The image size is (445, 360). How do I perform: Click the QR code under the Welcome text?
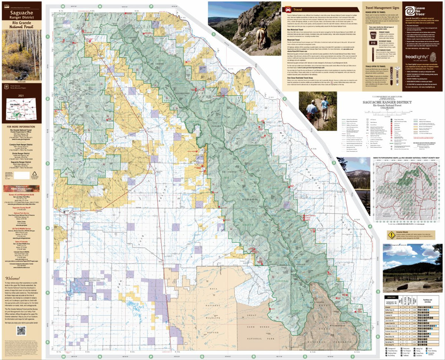(x=21, y=330)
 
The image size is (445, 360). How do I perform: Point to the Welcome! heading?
(x=13, y=278)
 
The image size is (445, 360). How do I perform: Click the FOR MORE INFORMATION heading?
(x=21, y=127)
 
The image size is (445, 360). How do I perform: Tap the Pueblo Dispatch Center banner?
(x=21, y=189)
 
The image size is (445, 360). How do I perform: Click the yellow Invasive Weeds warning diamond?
(x=390, y=234)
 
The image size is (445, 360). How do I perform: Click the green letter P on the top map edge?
(x=151, y=6)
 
